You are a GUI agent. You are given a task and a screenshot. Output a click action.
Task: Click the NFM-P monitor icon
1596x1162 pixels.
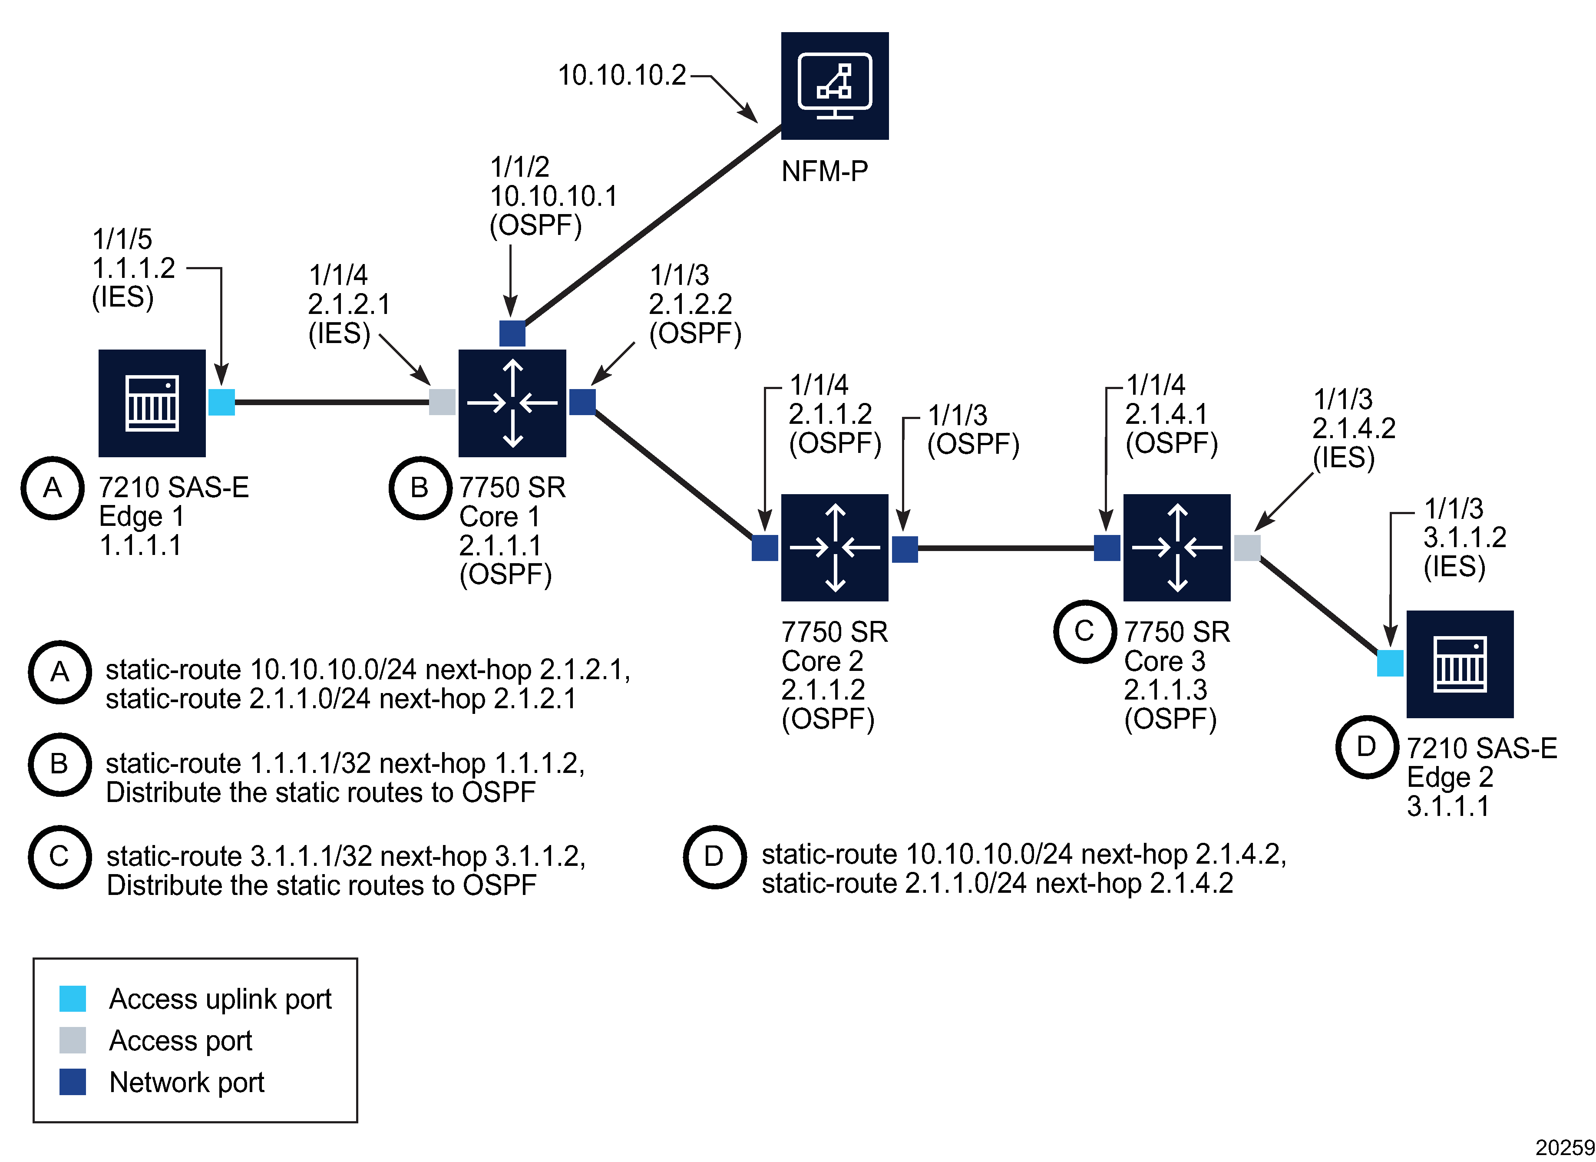coord(835,86)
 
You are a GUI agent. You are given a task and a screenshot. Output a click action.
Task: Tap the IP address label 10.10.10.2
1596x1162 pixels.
coord(621,75)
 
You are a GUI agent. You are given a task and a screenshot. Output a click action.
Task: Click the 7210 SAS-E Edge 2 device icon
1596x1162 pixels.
coord(1460,664)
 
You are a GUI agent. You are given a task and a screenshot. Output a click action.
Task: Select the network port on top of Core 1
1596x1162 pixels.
coord(512,333)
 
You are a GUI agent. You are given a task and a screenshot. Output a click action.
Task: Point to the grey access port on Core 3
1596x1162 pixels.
coord(1247,548)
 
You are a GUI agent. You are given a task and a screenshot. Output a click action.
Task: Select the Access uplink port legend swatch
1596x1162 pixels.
coord(73,998)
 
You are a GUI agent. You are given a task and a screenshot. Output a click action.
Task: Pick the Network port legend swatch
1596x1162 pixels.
coord(73,1082)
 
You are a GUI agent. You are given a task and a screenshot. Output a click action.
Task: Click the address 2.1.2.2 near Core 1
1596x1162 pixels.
coord(691,304)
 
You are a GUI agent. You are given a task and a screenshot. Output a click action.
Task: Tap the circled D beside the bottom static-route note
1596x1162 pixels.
coord(714,857)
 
